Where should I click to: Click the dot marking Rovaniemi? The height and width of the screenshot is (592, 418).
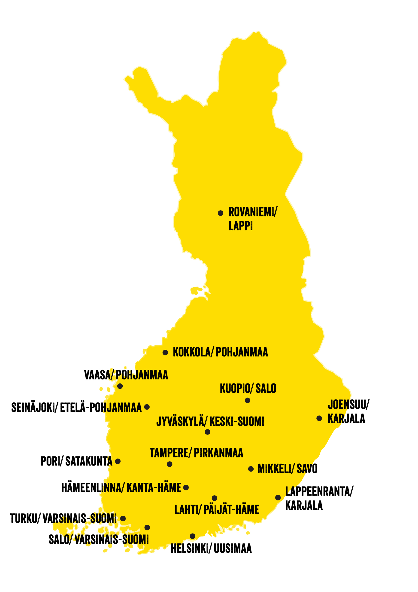221,213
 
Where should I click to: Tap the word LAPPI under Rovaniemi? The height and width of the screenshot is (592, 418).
241,226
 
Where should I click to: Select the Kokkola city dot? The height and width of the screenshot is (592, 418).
165,352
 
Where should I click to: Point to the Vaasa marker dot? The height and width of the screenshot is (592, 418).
120,386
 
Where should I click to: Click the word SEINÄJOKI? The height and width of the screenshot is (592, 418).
35,407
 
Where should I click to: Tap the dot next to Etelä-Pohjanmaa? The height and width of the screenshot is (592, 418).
147,407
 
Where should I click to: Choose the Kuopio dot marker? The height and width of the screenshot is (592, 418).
248,401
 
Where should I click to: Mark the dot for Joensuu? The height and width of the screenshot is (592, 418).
319,418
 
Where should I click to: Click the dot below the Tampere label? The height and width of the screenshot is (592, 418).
170,464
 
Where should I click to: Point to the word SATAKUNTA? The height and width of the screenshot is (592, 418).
89,461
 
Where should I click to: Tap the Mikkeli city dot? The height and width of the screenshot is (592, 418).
251,469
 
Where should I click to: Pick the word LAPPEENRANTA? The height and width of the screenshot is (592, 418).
319,491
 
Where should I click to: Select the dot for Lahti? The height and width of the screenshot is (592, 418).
214,498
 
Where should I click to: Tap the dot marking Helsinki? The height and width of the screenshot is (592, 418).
192,536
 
